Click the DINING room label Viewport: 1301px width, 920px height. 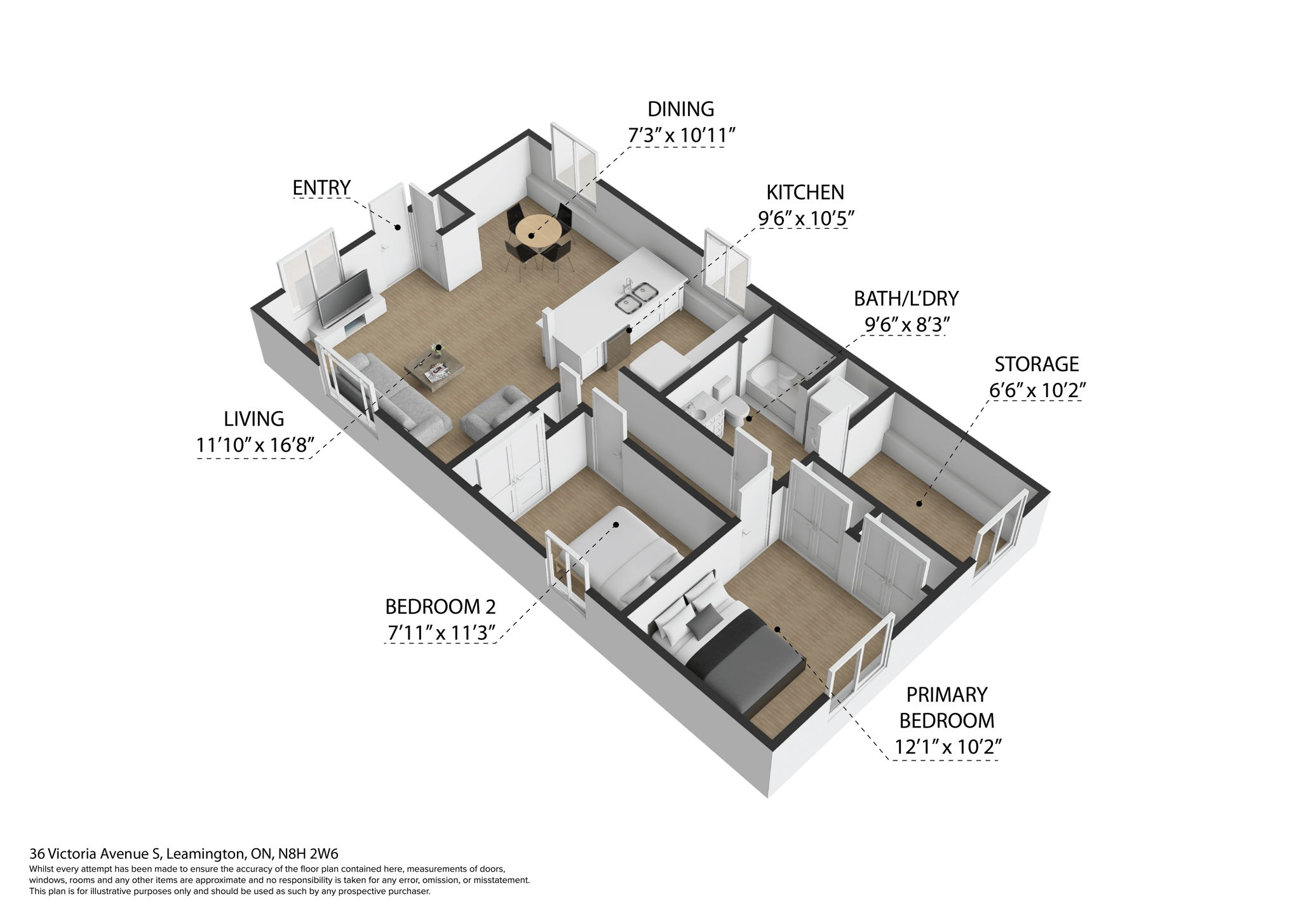680,109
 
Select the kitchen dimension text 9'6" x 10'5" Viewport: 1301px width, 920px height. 805,219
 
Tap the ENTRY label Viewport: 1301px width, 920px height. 321,188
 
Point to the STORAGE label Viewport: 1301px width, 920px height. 1036,364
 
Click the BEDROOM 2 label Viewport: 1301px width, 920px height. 440,607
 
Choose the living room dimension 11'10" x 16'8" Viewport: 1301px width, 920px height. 255,445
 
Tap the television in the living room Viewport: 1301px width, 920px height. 344,297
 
